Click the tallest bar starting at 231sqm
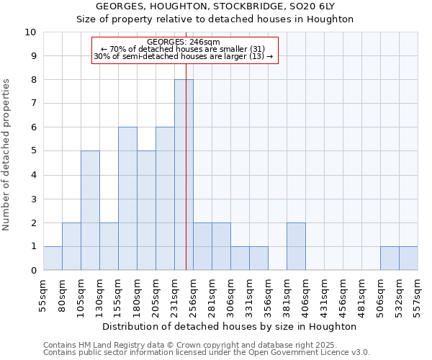coord(184,175)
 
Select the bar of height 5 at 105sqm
coord(90,210)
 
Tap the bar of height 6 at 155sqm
coord(127,199)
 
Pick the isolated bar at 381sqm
coord(296,246)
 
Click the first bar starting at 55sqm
coord(53,258)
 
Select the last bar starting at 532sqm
coord(408,258)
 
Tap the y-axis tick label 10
coord(30,32)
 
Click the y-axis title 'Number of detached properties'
coord(7,155)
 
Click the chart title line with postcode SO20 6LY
coord(215,6)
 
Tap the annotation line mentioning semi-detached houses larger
coord(184,56)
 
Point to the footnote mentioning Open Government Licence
coord(207,353)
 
